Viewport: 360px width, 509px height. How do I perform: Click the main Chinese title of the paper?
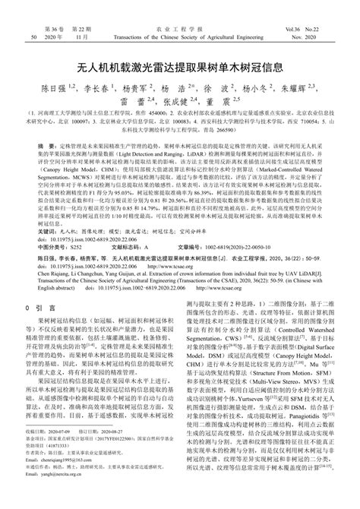(179, 65)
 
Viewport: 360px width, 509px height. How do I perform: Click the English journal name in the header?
(180, 36)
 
